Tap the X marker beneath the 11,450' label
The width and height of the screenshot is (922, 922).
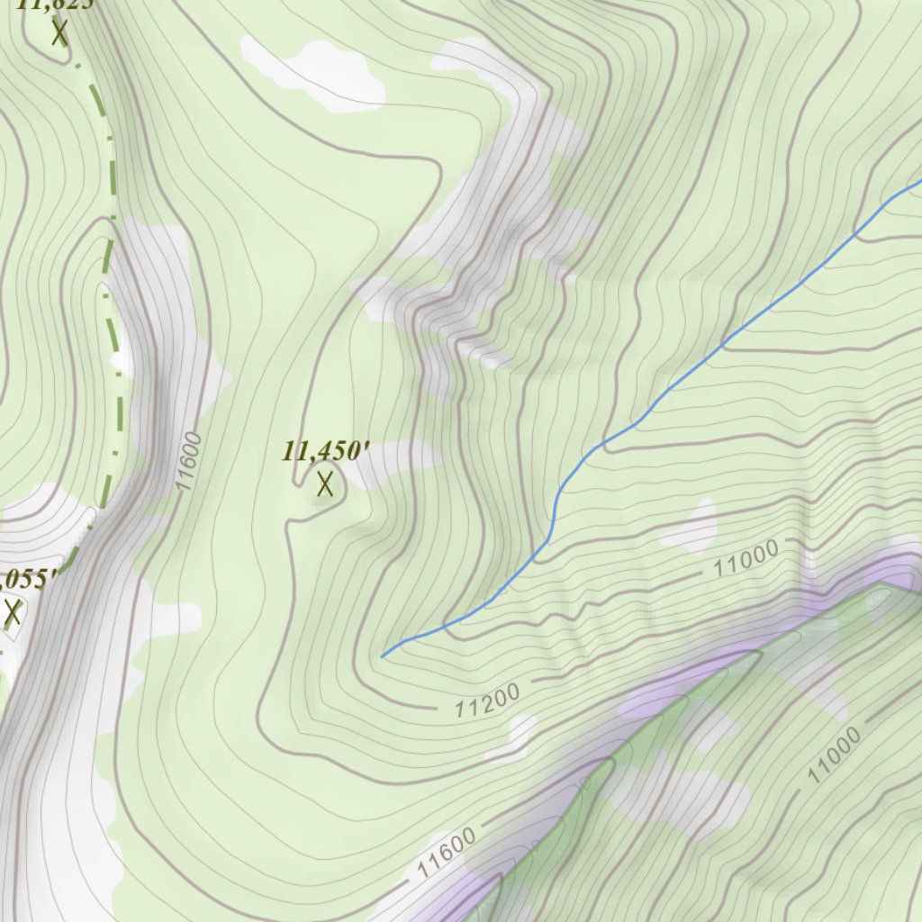pos(325,484)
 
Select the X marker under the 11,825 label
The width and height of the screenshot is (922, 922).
pos(60,33)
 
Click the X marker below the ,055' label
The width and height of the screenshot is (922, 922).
pos(13,613)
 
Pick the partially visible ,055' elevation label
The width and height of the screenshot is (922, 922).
pos(29,579)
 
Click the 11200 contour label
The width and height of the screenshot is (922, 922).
pos(486,701)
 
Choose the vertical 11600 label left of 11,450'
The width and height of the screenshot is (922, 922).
pos(189,461)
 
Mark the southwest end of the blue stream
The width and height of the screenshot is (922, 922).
pos(383,656)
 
